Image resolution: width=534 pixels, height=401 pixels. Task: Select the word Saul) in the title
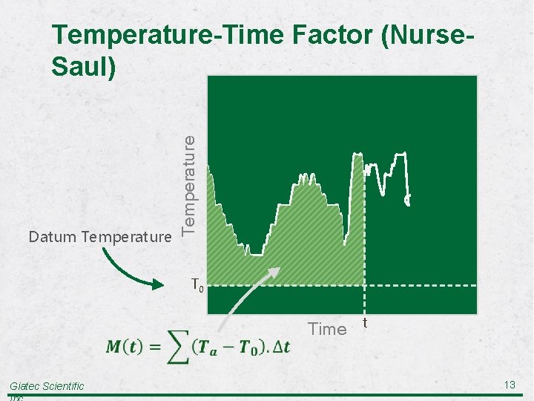(84, 67)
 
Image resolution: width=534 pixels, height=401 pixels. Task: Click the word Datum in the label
(53, 237)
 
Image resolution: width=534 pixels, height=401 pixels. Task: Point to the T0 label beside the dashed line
(197, 284)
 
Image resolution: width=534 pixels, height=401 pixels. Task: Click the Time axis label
(327, 329)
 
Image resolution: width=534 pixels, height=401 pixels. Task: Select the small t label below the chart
(366, 322)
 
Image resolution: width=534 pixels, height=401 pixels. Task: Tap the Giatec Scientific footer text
(46, 385)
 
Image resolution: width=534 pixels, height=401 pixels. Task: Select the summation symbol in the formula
(175, 348)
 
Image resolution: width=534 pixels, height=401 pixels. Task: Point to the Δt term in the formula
(280, 348)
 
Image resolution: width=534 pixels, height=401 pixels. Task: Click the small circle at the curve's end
(407, 199)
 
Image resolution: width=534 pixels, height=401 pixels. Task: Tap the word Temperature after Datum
(128, 237)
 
